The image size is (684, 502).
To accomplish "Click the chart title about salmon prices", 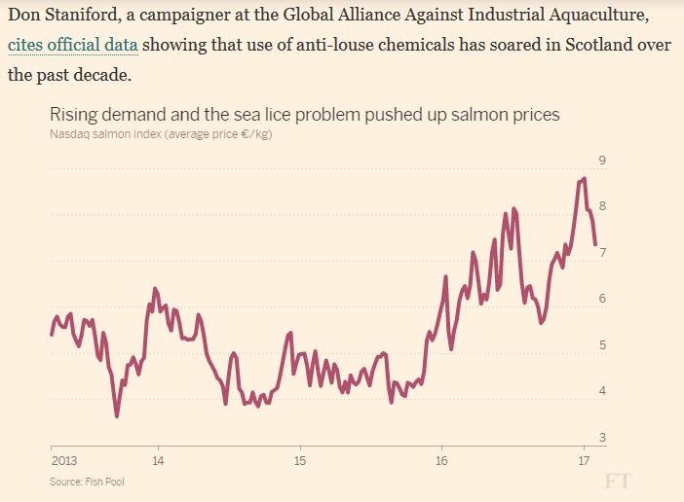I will (305, 115).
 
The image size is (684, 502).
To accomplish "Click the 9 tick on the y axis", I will (602, 161).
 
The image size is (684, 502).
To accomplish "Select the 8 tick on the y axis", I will (602, 206).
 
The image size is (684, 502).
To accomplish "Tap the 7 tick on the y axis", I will (602, 253).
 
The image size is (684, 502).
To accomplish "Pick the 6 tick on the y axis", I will (602, 299).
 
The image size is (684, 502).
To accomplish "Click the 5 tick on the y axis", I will (602, 345).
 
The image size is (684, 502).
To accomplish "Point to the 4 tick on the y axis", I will (602, 391).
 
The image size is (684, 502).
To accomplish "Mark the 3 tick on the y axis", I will (602, 438).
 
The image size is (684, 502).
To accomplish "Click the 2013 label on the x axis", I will (63, 460).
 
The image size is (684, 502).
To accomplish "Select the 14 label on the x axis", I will (158, 460).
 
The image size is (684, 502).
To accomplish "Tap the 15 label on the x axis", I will (300, 460).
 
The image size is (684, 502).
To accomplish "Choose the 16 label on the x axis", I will (441, 460).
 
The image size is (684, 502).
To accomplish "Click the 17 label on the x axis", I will (584, 460).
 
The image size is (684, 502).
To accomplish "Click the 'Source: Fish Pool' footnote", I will (87, 481).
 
